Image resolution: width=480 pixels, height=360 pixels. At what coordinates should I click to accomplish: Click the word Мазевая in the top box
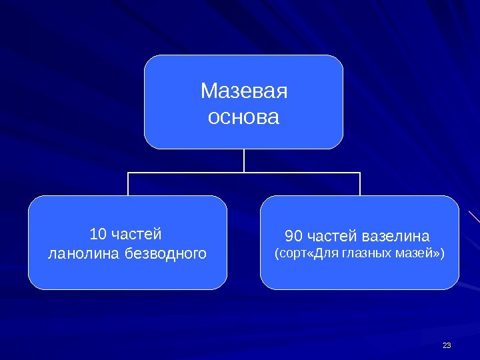pos(244,91)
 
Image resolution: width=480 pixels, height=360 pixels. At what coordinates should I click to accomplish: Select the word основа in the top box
pos(244,118)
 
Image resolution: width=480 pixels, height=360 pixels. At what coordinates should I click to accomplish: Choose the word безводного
pos(166,254)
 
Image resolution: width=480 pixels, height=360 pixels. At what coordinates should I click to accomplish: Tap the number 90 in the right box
pos(293,237)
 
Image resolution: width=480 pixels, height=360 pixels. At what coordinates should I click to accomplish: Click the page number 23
pos(447,345)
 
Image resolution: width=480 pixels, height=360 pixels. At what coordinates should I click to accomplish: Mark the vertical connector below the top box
pos(244,160)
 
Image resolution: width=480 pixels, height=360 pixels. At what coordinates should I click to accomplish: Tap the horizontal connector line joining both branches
pos(187,172)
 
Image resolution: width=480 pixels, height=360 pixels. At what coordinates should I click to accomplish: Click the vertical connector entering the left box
pos(128,184)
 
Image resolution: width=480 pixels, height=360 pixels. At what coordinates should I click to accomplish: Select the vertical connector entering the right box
pos(360,184)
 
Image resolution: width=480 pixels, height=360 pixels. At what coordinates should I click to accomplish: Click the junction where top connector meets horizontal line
pos(244,172)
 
